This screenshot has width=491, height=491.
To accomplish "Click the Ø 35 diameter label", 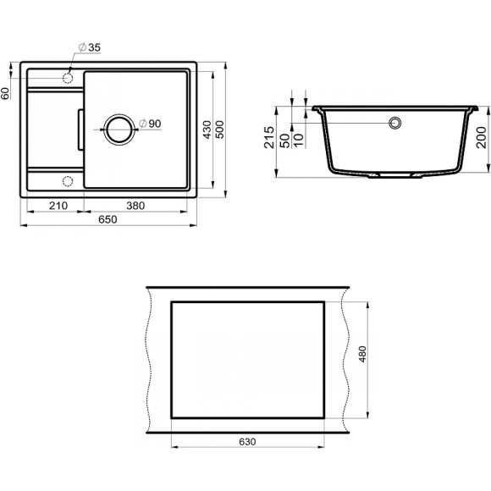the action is tap(90, 47).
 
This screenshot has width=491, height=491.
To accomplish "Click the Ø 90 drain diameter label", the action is tap(150, 124).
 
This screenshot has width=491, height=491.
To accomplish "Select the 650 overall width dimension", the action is tap(108, 219).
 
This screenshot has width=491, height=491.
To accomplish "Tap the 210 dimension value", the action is tap(58, 206).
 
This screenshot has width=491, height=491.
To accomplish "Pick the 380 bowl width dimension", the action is tap(135, 206).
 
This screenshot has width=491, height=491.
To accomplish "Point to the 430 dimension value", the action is tap(207, 130).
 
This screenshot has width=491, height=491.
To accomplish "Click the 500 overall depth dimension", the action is tap(219, 130).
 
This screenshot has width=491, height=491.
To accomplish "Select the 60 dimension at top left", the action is tap(5, 93).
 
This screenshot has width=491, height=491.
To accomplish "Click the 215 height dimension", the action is tap(269, 137).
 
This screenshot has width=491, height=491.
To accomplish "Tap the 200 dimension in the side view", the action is tap(482, 137).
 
